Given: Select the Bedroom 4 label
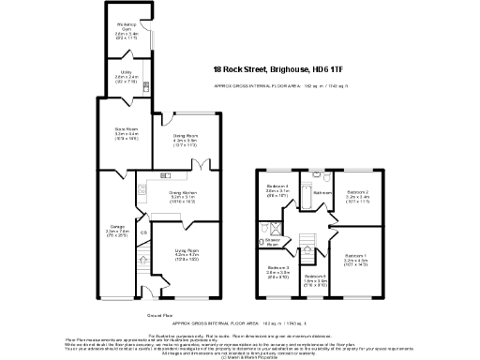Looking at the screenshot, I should (277, 188).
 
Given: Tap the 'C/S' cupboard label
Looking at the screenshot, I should (143, 232).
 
